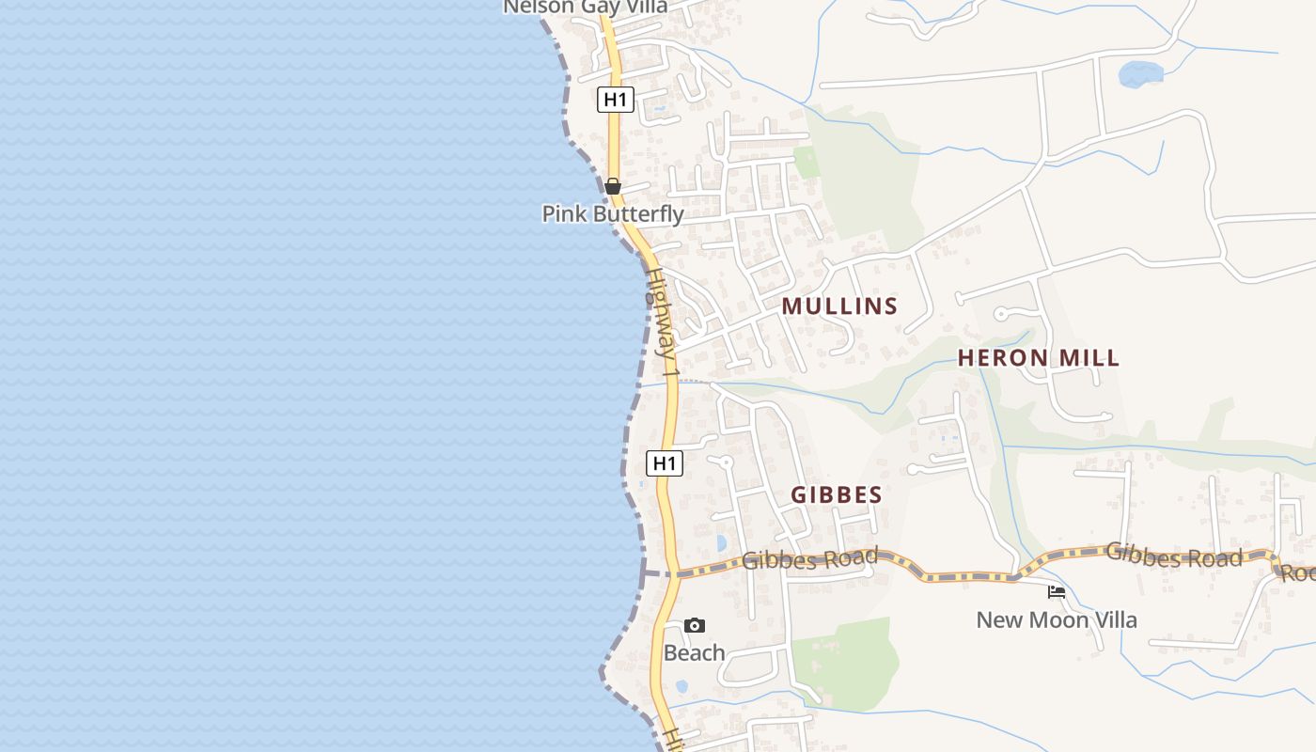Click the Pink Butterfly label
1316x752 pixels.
point(613,214)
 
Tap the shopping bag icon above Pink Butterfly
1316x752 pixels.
point(613,186)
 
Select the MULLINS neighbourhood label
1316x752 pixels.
point(839,306)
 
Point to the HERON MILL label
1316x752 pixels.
point(1038,358)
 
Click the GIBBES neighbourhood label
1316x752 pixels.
point(836,495)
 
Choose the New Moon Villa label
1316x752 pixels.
point(1057,620)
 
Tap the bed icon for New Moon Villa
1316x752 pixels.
point(1057,592)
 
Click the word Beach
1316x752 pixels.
point(695,652)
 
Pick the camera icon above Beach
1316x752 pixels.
point(695,626)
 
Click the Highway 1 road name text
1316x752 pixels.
point(662,324)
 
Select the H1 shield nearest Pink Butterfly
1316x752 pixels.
point(616,99)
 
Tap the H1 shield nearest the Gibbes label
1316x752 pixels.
point(665,462)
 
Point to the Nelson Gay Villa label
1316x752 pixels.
point(586,7)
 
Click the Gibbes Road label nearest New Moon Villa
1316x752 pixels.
point(1173,556)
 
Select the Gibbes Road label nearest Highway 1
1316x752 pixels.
point(809,559)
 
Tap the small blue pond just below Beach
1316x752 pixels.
point(681,686)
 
